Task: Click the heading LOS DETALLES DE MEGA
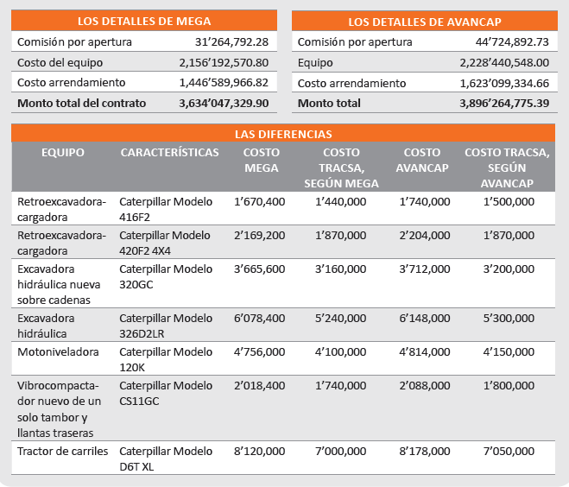144,21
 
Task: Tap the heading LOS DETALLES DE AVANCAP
425,22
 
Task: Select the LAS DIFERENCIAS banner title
283,134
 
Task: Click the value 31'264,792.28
232,42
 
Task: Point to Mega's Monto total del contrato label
82,104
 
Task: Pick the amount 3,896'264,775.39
504,104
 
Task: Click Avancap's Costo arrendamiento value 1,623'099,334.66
504,84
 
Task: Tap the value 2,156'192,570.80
224,63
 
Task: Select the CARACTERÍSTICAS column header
170,153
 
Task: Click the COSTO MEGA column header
262,160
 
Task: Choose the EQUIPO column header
63,153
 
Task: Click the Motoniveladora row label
58,352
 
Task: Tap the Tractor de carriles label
63,451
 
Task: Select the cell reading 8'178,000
425,451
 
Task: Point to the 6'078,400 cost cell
260,319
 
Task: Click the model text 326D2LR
142,334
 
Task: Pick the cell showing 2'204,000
425,236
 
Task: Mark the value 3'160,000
341,269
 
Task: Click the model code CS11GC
139,402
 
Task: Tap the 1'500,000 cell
509,202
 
